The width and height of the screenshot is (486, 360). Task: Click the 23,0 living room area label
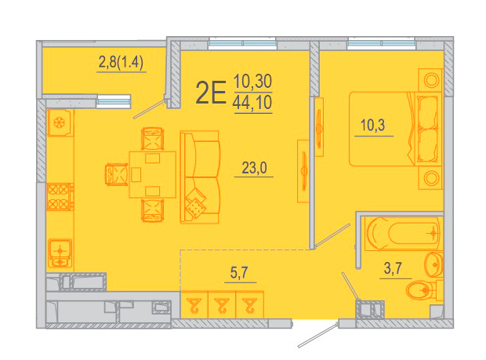254,168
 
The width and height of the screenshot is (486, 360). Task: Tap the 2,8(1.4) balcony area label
121,62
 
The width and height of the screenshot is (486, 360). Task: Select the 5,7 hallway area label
239,273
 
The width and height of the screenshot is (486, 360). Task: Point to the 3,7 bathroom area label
393,268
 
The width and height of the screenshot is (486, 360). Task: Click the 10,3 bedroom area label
372,125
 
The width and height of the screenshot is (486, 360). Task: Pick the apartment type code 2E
211,92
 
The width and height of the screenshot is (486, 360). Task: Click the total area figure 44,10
252,103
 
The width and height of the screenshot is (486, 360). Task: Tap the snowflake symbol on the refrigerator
58,123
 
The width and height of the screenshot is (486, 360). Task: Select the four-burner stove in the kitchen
60,197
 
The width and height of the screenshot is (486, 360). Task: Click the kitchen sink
60,253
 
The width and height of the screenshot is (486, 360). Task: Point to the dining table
153,175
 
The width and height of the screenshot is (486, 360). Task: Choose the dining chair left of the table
116,175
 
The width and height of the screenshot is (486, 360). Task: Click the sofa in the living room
200,176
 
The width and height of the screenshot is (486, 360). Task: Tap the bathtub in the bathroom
403,233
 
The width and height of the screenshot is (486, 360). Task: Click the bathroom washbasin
434,264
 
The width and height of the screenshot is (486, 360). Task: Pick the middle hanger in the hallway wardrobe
222,305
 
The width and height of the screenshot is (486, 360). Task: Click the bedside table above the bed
430,80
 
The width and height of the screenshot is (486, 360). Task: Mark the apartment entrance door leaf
317,336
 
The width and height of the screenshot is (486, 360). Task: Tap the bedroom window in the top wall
381,43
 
